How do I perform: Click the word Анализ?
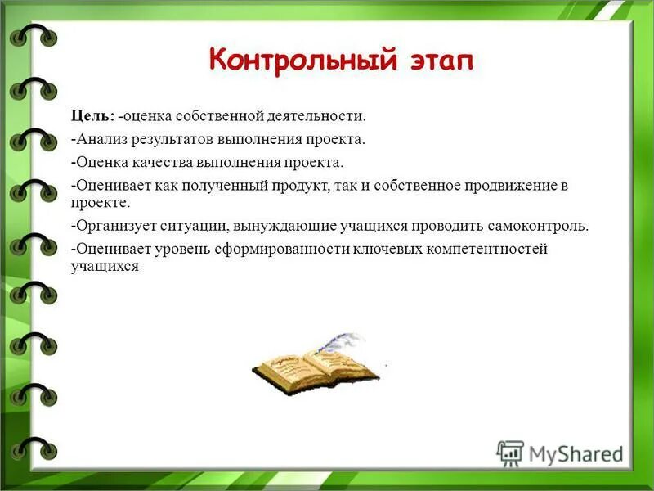coord(100,140)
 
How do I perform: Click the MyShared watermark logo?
coord(560,453)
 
